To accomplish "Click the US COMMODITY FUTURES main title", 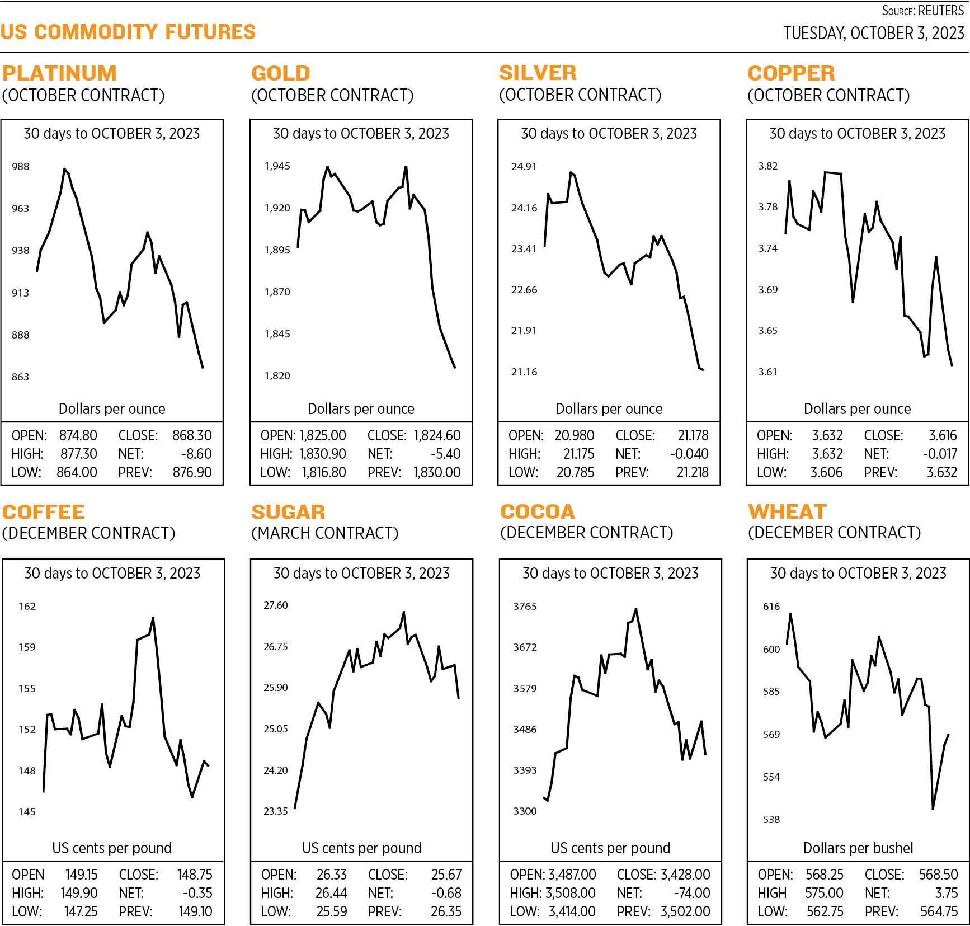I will [128, 32].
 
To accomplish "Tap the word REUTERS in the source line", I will [941, 11].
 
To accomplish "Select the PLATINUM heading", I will [59, 73].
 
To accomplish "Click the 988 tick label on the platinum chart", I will [21, 167].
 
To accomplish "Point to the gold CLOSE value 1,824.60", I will [437, 435].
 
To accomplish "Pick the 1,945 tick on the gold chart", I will [277, 166].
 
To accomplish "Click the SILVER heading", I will [538, 73].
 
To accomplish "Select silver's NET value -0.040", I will [689, 454].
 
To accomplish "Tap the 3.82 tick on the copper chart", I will [768, 166].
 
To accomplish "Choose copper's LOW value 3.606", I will [826, 472].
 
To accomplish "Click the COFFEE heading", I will [44, 512].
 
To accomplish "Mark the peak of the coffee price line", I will [153, 618].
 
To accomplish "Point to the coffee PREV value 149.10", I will [195, 911].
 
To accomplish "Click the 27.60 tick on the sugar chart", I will [276, 605].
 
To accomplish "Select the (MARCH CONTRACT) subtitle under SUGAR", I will [325, 533].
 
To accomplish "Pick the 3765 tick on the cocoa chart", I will [525, 607].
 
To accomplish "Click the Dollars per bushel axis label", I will [858, 848].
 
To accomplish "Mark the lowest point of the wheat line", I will [933, 809].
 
